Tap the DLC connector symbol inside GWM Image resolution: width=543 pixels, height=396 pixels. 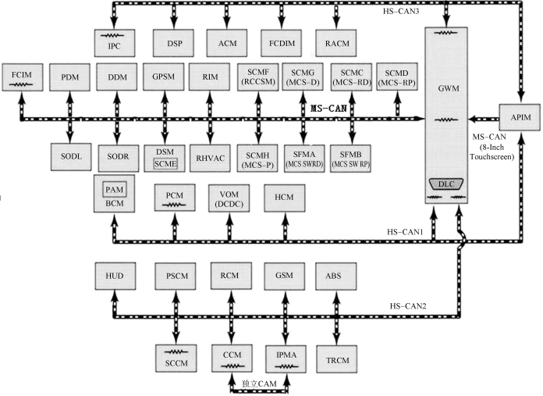click(445, 184)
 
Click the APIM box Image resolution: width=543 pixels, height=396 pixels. click(514, 118)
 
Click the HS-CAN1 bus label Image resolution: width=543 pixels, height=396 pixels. click(406, 232)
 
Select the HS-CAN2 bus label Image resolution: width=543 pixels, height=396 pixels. click(406, 305)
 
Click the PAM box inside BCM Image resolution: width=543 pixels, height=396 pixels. click(115, 189)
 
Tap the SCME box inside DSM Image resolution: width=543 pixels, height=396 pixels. click(166, 163)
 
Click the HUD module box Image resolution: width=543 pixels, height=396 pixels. click(115, 277)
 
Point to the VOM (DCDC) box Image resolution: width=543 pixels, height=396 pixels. click(229, 198)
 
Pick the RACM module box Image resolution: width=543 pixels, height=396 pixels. click(337, 40)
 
